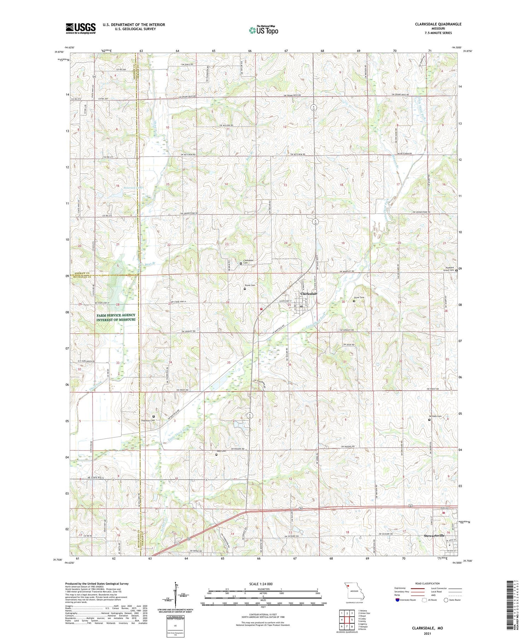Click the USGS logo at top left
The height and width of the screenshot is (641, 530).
click(x=81, y=28)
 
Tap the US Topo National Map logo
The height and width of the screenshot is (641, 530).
click(x=263, y=30)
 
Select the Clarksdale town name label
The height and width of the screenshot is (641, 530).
click(x=309, y=294)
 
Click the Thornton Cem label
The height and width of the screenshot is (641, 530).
click(x=148, y=420)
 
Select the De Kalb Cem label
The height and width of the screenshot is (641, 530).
click(x=435, y=416)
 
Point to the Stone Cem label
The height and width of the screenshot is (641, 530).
click(x=250, y=285)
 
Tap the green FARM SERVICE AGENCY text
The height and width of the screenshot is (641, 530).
click(x=116, y=317)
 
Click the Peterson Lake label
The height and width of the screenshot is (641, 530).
click(x=132, y=188)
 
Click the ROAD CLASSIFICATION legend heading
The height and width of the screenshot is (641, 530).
click(x=428, y=583)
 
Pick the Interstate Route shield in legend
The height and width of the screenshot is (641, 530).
click(x=397, y=600)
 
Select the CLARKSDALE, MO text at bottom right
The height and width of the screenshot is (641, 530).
click(x=427, y=628)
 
